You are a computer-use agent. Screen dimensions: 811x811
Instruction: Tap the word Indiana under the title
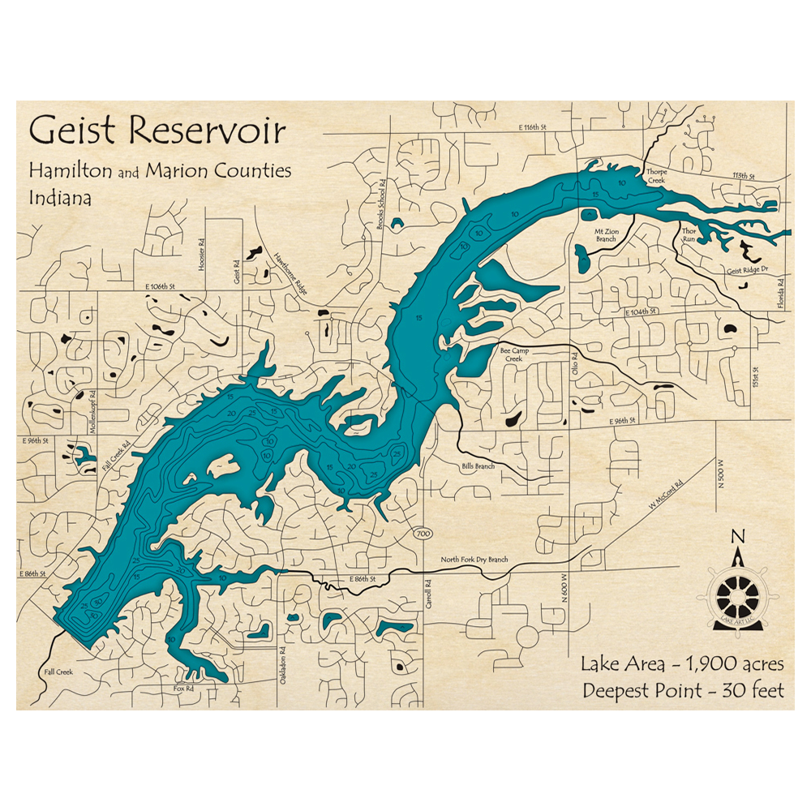61,197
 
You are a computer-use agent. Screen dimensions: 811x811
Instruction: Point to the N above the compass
738,536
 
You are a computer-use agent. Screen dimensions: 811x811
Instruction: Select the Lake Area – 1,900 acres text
682,664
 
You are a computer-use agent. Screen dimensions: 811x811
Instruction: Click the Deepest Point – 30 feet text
682,691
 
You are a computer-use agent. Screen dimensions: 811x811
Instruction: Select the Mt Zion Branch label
607,235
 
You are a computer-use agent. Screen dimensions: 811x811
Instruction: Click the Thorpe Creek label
656,176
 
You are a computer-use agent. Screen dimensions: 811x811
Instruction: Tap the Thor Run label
689,235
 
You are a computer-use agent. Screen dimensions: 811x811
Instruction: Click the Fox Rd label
183,689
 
